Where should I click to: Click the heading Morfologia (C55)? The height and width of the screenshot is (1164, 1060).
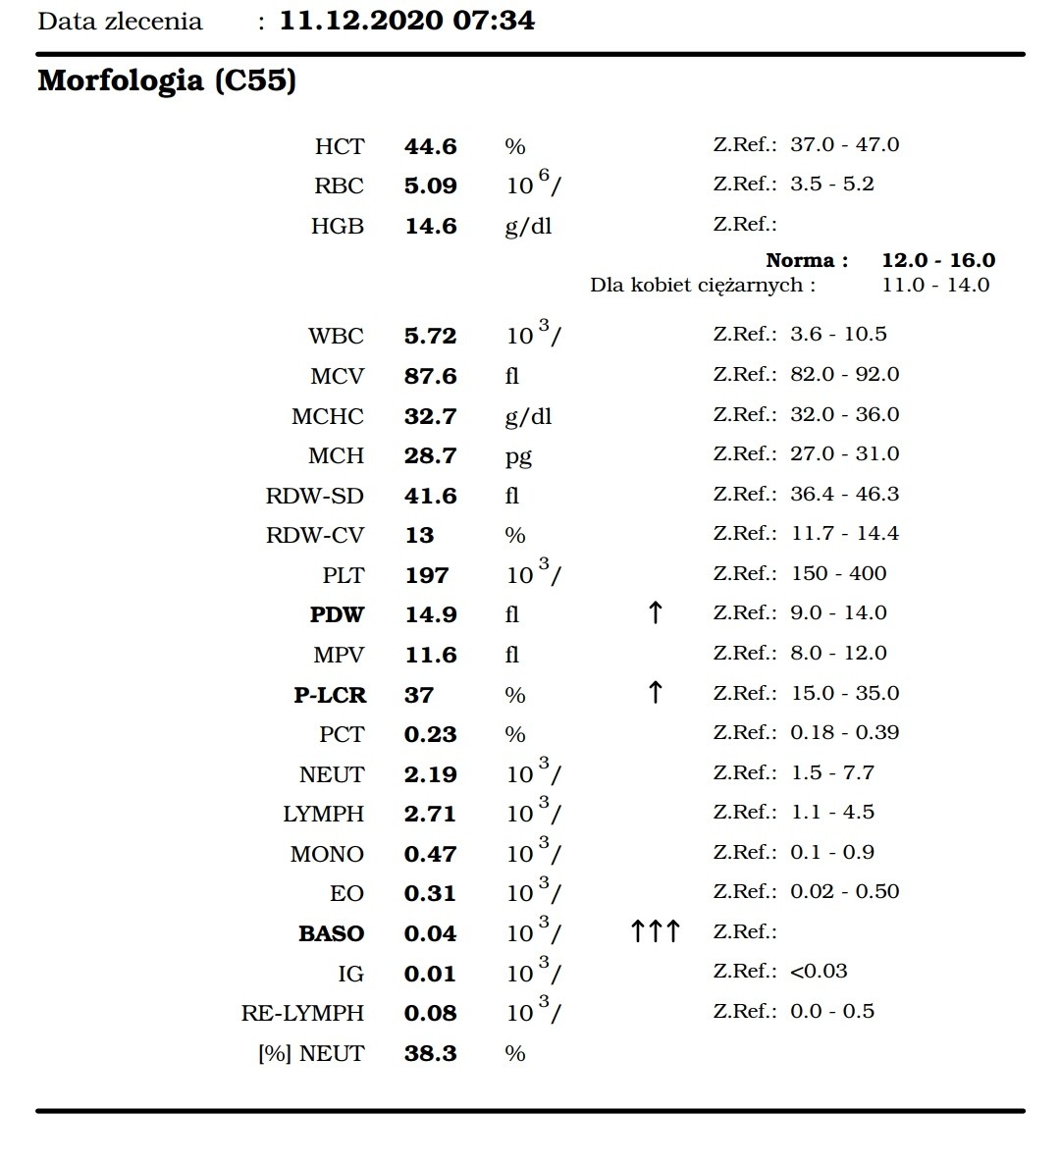tap(167, 80)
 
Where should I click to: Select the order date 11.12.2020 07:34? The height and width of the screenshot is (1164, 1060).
tap(407, 21)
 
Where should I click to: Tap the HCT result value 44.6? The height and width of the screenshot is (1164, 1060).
tap(430, 146)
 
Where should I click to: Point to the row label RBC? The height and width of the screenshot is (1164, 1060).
tap(339, 186)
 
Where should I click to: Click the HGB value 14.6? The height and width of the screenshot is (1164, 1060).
tap(430, 227)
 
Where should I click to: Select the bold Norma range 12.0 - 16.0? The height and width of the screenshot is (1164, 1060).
tap(938, 260)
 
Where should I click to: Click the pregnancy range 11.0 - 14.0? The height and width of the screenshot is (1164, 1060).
tap(935, 286)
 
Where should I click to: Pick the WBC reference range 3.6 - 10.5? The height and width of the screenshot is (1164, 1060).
tap(838, 334)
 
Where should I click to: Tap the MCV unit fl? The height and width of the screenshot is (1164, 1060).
tap(511, 377)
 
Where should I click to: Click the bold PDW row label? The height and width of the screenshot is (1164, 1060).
tap(337, 615)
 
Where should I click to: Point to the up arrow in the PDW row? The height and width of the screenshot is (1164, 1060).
tap(656, 613)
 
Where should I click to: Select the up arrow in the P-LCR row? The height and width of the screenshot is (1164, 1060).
tap(656, 693)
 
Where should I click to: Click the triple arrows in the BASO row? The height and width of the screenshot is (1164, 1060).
tap(655, 931)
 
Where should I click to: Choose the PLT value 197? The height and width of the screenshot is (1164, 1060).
tap(427, 575)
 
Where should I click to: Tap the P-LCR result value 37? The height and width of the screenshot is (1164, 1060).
tap(419, 695)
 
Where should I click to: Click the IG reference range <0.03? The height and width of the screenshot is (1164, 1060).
tap(819, 971)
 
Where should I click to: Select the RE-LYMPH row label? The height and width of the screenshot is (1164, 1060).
tap(302, 1013)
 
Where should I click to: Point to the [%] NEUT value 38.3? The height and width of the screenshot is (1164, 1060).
tap(430, 1054)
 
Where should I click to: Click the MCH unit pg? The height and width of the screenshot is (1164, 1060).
tap(517, 456)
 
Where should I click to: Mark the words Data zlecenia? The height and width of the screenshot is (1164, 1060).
tap(120, 22)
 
